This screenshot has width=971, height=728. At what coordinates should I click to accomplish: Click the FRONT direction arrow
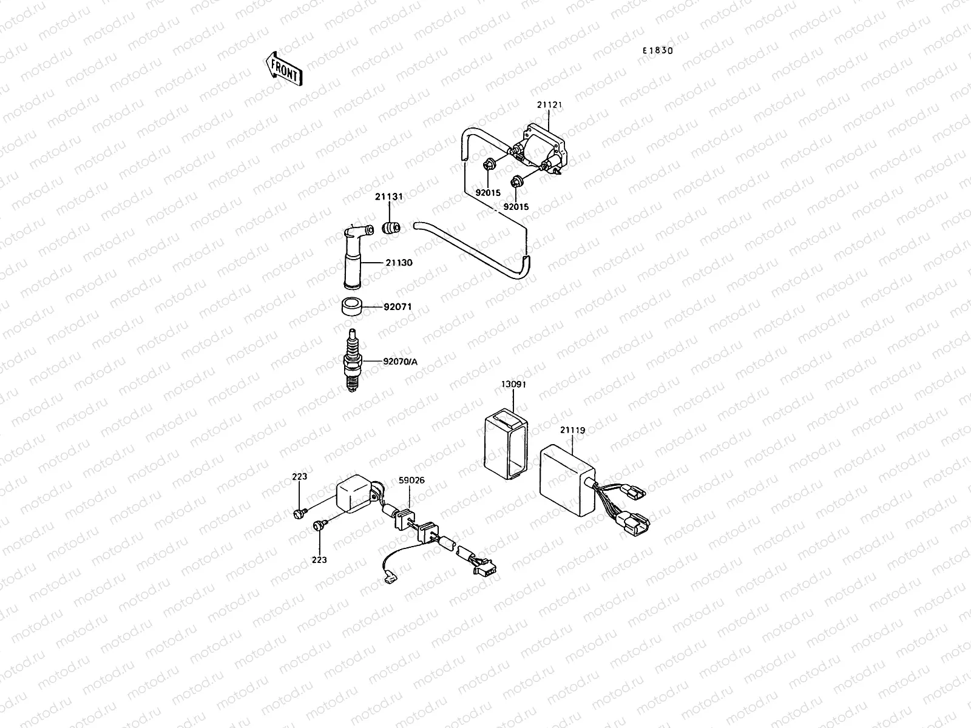pyautogui.click(x=283, y=67)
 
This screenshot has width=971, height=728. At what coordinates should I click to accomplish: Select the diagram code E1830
pyautogui.click(x=658, y=51)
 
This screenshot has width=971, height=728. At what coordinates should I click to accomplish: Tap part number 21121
pyautogui.click(x=549, y=105)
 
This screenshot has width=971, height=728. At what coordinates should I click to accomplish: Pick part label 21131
pyautogui.click(x=388, y=197)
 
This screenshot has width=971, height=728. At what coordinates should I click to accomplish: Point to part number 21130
pyautogui.click(x=398, y=263)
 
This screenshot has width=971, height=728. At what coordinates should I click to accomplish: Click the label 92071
pyautogui.click(x=397, y=307)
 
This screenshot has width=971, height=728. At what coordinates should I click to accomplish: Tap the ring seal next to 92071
pyautogui.click(x=353, y=307)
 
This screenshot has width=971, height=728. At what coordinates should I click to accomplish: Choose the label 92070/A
pyautogui.click(x=400, y=362)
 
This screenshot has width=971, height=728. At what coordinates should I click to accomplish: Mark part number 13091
pyautogui.click(x=513, y=385)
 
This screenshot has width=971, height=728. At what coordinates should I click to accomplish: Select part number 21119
pyautogui.click(x=572, y=431)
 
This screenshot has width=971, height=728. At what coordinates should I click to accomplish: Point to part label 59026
pyautogui.click(x=411, y=480)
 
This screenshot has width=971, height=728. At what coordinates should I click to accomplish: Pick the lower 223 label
pyautogui.click(x=319, y=559)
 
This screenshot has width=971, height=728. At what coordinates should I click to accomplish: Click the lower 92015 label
pyautogui.click(x=516, y=207)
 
